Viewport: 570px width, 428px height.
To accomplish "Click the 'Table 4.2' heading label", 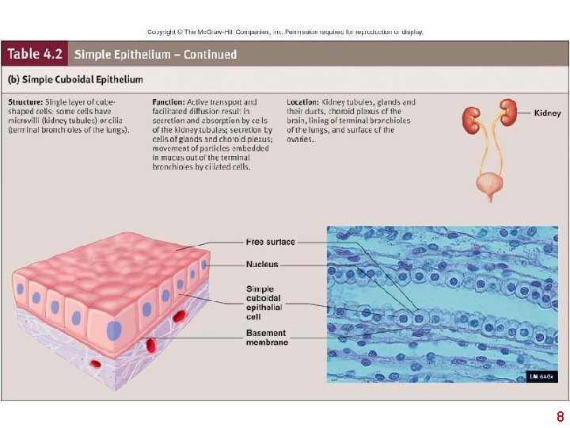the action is pyautogui.click(x=36, y=55).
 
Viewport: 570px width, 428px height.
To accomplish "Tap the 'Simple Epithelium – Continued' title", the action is pyautogui.click(x=156, y=55).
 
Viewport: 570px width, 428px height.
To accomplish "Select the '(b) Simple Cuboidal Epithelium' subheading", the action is pyautogui.click(x=75, y=79).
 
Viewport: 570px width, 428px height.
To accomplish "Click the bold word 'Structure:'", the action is pyautogui.click(x=27, y=102).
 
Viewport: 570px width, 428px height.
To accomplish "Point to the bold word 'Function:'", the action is pyautogui.click(x=169, y=102).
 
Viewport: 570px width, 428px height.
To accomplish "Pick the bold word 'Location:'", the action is pyautogui.click(x=303, y=102).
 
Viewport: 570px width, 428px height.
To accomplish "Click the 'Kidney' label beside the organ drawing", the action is pyautogui.click(x=547, y=113).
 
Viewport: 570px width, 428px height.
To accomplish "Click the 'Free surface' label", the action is pyautogui.click(x=270, y=242).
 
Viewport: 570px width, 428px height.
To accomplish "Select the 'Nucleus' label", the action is pyautogui.click(x=262, y=265).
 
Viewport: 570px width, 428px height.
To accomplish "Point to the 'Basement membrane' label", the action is pyautogui.click(x=266, y=338).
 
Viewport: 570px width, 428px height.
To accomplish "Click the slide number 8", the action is pyautogui.click(x=560, y=417).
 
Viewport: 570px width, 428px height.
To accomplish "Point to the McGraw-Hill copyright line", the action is pyautogui.click(x=285, y=32).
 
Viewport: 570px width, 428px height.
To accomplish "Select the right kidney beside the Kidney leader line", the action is pyautogui.click(x=507, y=112).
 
